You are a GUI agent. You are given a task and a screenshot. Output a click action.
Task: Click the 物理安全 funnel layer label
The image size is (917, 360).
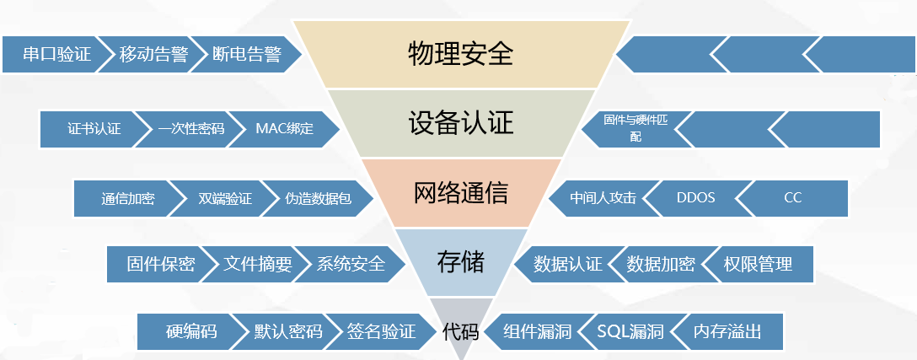461,55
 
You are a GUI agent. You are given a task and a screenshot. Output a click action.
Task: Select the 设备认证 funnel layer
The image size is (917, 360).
461,123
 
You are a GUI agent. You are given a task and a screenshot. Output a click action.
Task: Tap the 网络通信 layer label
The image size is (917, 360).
461,192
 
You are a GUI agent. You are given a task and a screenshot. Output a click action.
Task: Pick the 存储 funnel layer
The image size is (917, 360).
461,262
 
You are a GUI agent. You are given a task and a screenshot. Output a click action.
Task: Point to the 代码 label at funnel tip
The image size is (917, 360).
461,332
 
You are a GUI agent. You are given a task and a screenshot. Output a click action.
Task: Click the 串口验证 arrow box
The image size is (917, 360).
56,55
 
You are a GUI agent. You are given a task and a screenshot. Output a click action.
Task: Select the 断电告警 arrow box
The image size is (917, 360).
245,55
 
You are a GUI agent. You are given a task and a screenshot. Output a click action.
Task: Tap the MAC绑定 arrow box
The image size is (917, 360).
284,129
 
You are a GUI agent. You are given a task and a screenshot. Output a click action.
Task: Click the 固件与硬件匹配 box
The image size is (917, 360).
635,129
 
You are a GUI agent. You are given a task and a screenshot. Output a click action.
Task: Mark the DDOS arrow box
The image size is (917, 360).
696,198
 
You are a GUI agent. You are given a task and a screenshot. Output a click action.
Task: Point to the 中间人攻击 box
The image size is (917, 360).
603,198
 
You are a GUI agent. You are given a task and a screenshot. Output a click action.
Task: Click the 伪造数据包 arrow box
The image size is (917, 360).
318,198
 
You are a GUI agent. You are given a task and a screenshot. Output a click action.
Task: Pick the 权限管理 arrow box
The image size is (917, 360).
758,264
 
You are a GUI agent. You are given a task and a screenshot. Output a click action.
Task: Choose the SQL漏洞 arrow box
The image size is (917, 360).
630,332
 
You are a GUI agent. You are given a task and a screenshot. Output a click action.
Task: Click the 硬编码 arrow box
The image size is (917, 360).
190,332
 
